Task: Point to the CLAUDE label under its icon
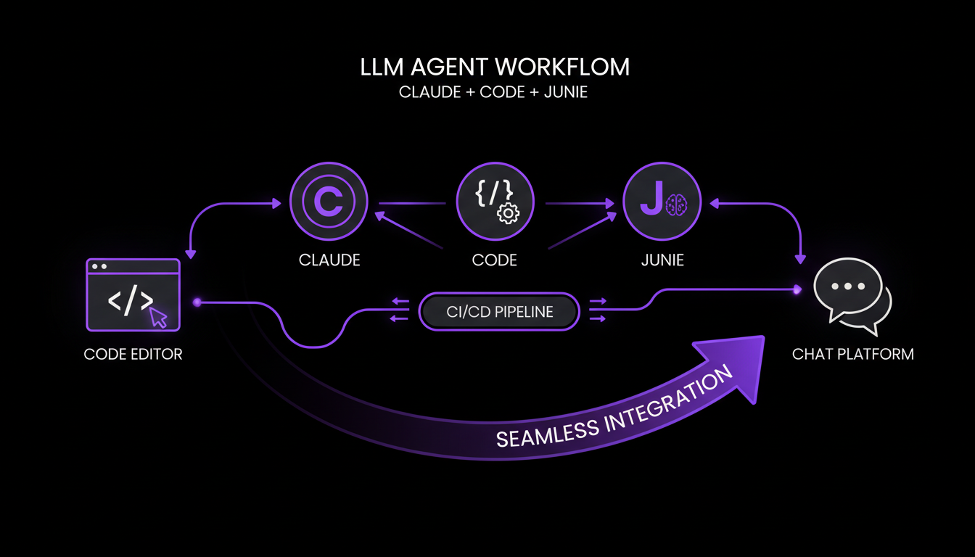pyautogui.click(x=329, y=260)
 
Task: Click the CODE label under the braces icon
pyautogui.click(x=495, y=260)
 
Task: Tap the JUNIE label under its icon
pyautogui.click(x=662, y=260)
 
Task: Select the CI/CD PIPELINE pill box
pyautogui.click(x=499, y=313)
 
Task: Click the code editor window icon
pyautogui.click(x=133, y=294)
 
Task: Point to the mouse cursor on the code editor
pyautogui.click(x=159, y=318)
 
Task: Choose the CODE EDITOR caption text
pyautogui.click(x=133, y=355)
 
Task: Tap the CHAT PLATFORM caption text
pyautogui.click(x=852, y=355)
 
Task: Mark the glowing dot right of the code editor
pyautogui.click(x=197, y=301)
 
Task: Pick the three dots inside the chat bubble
pyautogui.click(x=844, y=286)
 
